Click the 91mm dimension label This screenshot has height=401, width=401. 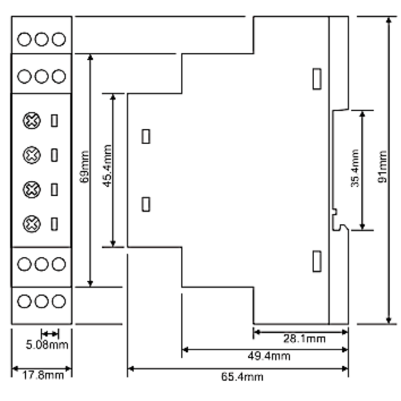(382, 166)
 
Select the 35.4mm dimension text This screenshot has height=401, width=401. (355, 168)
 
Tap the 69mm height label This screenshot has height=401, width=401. (84, 167)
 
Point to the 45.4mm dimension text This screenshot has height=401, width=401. (107, 166)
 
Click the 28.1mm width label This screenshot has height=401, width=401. (304, 339)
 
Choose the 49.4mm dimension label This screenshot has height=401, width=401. (269, 356)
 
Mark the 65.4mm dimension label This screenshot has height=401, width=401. (242, 377)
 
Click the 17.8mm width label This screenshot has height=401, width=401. (42, 375)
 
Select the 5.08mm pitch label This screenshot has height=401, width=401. (47, 345)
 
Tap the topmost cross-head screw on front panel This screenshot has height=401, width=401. (32, 120)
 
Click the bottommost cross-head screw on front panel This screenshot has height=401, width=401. (32, 224)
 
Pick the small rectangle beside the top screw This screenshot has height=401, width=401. (54, 120)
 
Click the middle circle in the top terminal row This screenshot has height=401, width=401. (41, 39)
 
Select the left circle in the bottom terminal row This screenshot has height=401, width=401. (25, 301)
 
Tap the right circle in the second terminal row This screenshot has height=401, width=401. (59, 76)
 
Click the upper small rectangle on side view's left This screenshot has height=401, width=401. (146, 136)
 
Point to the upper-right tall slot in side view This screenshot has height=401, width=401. (317, 79)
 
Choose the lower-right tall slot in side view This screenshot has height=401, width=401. (317, 261)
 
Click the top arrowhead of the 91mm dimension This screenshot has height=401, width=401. (388, 20)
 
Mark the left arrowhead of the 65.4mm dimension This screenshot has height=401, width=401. (130, 369)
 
